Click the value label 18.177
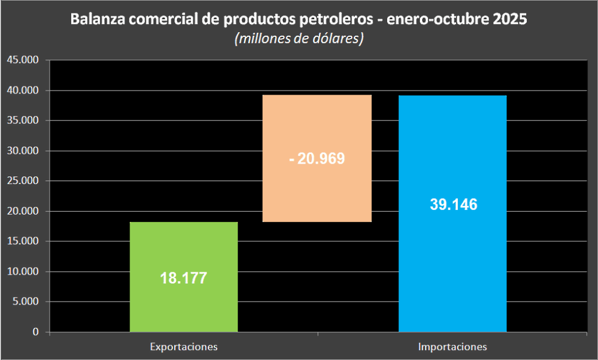pos(183,278)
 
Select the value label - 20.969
pos(317,158)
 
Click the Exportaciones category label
pos(183,347)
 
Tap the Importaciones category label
pos(452,347)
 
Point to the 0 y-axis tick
pos(36,332)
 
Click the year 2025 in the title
pos(510,19)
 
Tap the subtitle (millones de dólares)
pos(299,39)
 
